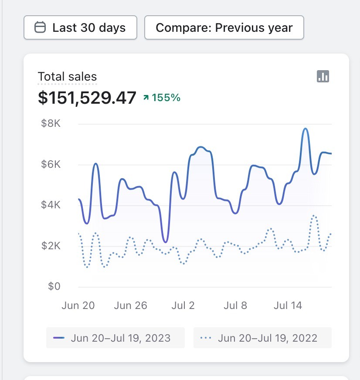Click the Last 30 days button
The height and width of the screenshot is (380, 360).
(x=81, y=28)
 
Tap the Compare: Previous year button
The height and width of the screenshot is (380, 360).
(x=224, y=28)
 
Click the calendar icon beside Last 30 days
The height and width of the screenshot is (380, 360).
(x=40, y=28)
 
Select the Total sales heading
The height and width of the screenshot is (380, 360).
(x=67, y=77)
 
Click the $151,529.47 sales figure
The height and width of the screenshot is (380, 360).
(x=87, y=98)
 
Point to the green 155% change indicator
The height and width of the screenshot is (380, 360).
(x=162, y=98)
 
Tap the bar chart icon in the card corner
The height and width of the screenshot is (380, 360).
(x=323, y=77)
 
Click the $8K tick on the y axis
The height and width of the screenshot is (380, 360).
(x=51, y=124)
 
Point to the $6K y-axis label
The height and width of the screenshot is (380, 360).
(x=51, y=165)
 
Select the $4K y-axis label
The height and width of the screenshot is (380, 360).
(x=51, y=205)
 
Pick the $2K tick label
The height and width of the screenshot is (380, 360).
(x=51, y=246)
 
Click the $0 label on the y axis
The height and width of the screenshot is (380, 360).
(x=54, y=286)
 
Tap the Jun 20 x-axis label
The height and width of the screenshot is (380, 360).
(x=78, y=305)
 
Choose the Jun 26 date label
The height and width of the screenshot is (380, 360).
(x=131, y=305)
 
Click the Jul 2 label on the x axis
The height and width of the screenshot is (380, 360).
(x=183, y=305)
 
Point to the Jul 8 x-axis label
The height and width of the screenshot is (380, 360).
(x=235, y=305)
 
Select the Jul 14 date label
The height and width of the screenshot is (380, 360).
(x=288, y=305)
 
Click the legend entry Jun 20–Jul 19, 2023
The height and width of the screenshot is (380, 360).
(x=115, y=338)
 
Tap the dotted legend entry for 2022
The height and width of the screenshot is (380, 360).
(x=262, y=338)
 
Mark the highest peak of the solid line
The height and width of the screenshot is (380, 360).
(x=305, y=129)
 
